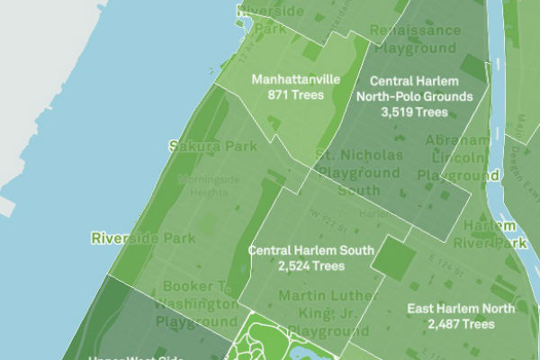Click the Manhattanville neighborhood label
295,79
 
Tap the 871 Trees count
295,94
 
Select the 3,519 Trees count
414,112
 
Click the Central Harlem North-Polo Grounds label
414,88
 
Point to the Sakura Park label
199,145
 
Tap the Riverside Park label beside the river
130,238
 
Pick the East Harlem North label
461,309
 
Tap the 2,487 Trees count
461,324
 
